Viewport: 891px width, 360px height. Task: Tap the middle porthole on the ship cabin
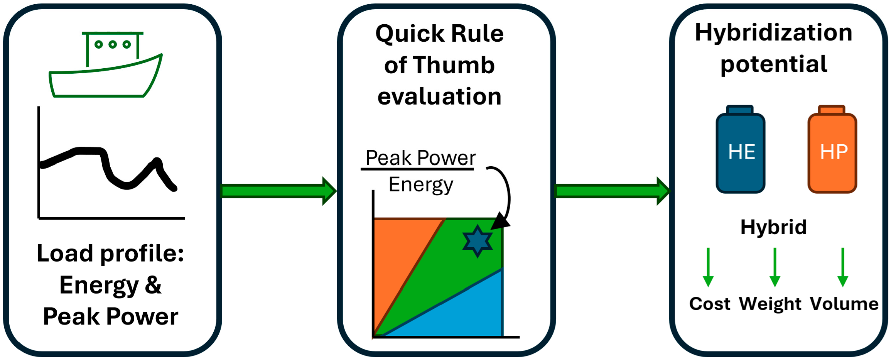pyautogui.click(x=113, y=45)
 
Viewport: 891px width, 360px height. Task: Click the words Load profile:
pyautogui.click(x=110, y=254)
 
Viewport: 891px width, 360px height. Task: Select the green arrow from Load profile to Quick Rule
pyautogui.click(x=278, y=191)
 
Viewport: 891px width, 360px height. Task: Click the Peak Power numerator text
pyautogui.click(x=420, y=158)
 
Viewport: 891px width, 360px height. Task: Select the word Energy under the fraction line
pyautogui.click(x=420, y=185)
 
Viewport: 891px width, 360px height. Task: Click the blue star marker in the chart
pyautogui.click(x=478, y=241)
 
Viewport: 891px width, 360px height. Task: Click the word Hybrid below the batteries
pyautogui.click(x=773, y=227)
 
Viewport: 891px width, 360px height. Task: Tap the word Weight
pyautogui.click(x=770, y=304)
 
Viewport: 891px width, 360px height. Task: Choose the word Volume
pyautogui.click(x=844, y=304)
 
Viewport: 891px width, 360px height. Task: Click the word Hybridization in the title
pyautogui.click(x=773, y=32)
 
